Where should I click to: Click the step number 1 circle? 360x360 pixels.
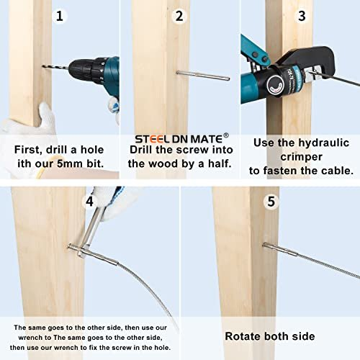pyautogui.click(x=59, y=16)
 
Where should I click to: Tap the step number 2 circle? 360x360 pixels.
pyautogui.click(x=179, y=16)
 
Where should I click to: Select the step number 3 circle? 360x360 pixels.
pyautogui.click(x=302, y=16)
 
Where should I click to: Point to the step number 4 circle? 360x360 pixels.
pyautogui.click(x=89, y=201)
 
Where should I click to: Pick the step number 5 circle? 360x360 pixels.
pyautogui.click(x=271, y=201)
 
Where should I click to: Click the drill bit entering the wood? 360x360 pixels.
pyautogui.click(x=55, y=68)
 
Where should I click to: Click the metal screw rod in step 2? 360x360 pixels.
pyautogui.click(x=203, y=76)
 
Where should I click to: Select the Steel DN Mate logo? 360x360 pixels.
pyautogui.click(x=179, y=139)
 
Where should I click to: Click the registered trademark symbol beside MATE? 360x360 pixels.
pyautogui.click(x=226, y=135)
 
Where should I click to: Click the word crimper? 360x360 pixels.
pyautogui.click(x=301, y=158)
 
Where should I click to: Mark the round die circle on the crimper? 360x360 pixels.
pyautogui.click(x=275, y=85)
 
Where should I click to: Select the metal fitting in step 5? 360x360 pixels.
pyautogui.click(x=280, y=250)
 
